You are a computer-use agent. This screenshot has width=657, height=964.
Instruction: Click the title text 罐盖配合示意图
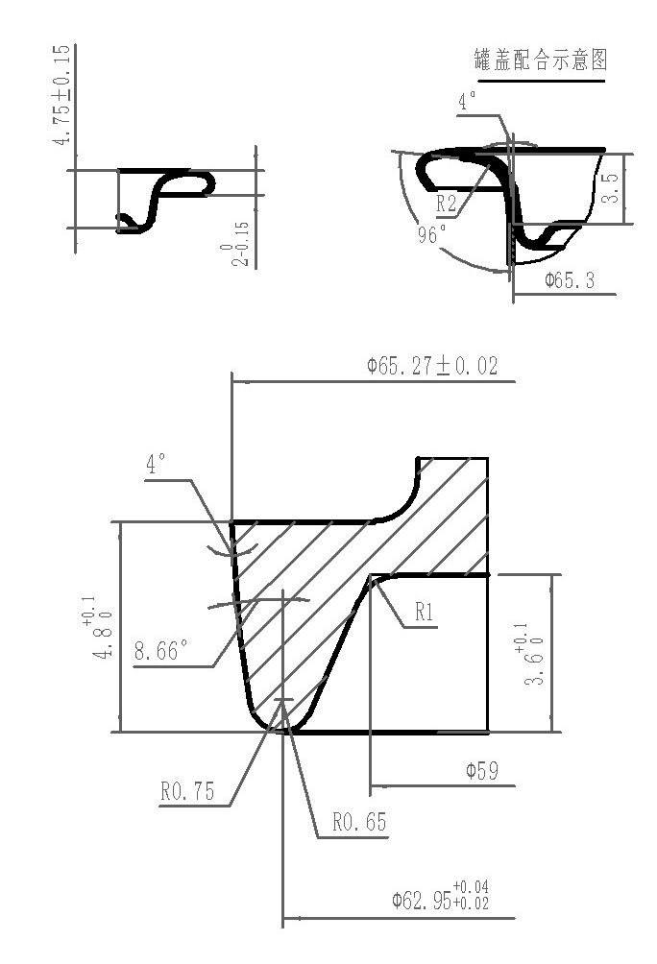(x=542, y=61)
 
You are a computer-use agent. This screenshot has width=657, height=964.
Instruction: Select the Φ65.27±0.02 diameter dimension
(x=432, y=366)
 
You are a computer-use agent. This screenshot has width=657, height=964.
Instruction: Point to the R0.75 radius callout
(x=187, y=792)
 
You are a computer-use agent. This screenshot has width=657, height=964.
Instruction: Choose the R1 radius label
(x=426, y=613)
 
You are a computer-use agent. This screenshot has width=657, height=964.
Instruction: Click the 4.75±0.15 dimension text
(x=61, y=94)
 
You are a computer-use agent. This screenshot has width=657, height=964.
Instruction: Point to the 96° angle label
(x=432, y=234)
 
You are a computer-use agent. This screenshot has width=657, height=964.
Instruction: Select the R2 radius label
(x=446, y=204)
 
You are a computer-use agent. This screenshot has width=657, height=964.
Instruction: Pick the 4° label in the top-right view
(x=467, y=102)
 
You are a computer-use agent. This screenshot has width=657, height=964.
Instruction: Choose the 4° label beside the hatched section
(x=156, y=466)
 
